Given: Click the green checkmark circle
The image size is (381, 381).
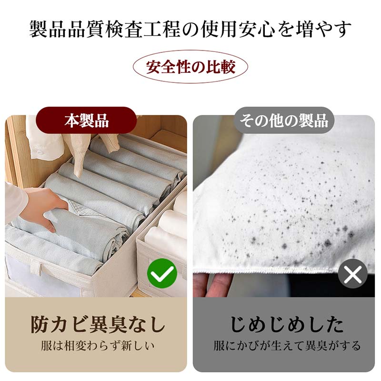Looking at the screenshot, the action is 162,273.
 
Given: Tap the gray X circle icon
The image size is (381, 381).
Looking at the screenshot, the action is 352,274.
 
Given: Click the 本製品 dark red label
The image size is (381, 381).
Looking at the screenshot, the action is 86,120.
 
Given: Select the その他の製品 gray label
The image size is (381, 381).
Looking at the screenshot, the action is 284,120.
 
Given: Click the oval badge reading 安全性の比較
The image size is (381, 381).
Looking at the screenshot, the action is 190,67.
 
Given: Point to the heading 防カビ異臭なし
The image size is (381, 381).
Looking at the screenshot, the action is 98,324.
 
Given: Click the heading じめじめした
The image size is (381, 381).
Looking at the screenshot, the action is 287,324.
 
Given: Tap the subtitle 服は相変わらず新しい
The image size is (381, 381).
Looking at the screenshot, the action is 98,346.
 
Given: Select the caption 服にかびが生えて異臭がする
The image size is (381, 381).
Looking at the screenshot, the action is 287,346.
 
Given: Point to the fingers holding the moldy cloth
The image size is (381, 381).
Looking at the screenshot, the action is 214,284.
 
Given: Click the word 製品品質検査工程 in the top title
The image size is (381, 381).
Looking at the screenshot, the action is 104,29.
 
